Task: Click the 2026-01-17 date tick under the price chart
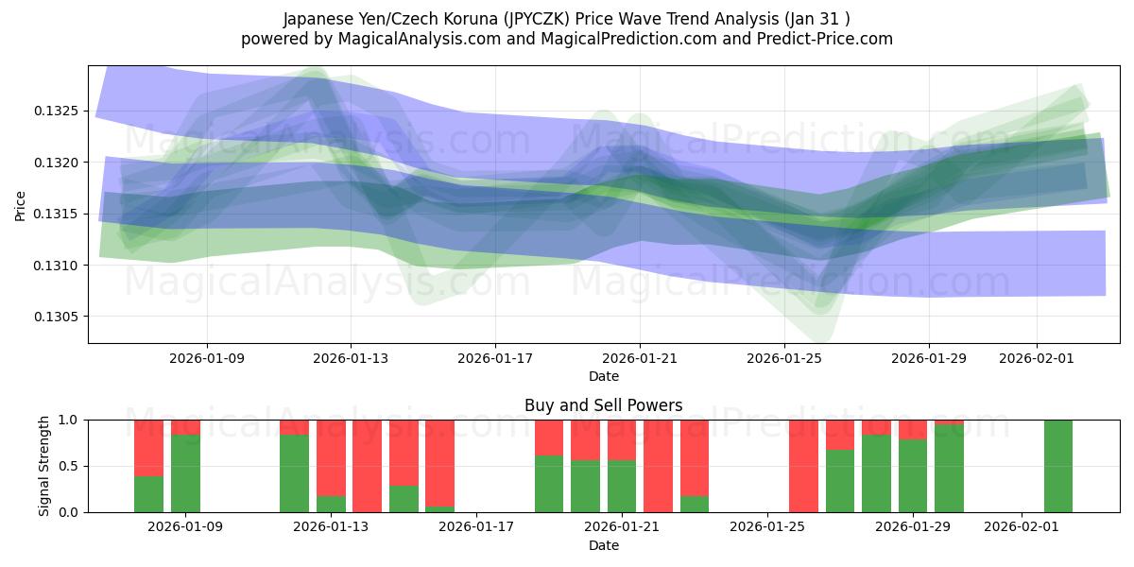pos(494,359)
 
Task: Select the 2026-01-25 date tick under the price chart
pos(783,359)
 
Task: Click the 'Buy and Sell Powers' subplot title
pos(603,405)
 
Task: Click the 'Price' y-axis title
pos(21,204)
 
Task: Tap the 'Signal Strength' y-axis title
pos(43,465)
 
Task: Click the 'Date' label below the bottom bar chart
pos(603,545)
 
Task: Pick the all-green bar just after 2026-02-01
pos(1057,466)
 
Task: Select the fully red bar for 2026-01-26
pos(803,466)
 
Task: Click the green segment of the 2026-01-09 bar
pos(185,472)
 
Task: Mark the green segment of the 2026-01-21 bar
pos(622,486)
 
